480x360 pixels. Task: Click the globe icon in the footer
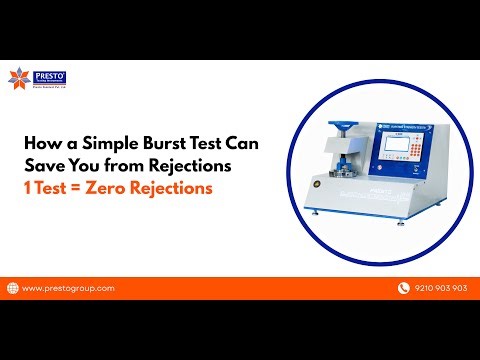tap(12, 288)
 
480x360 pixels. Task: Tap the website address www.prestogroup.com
tap(67, 288)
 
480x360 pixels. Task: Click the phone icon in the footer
tap(403, 288)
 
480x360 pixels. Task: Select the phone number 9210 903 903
tap(440, 288)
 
